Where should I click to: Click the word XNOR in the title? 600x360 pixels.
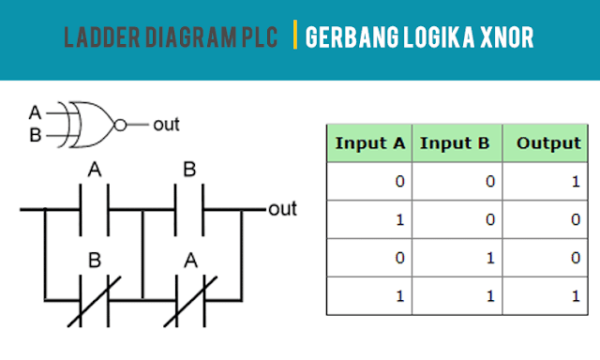[x=513, y=38]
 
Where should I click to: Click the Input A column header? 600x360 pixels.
[x=369, y=143]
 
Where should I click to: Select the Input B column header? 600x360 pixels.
[x=455, y=143]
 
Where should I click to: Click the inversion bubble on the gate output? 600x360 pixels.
[x=118, y=124]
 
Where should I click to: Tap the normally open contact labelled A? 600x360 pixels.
[x=94, y=209]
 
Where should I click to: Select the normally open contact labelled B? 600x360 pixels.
[x=189, y=209]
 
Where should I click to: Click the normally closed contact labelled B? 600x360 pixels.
[x=94, y=300]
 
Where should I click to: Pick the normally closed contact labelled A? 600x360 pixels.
[x=190, y=300]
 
